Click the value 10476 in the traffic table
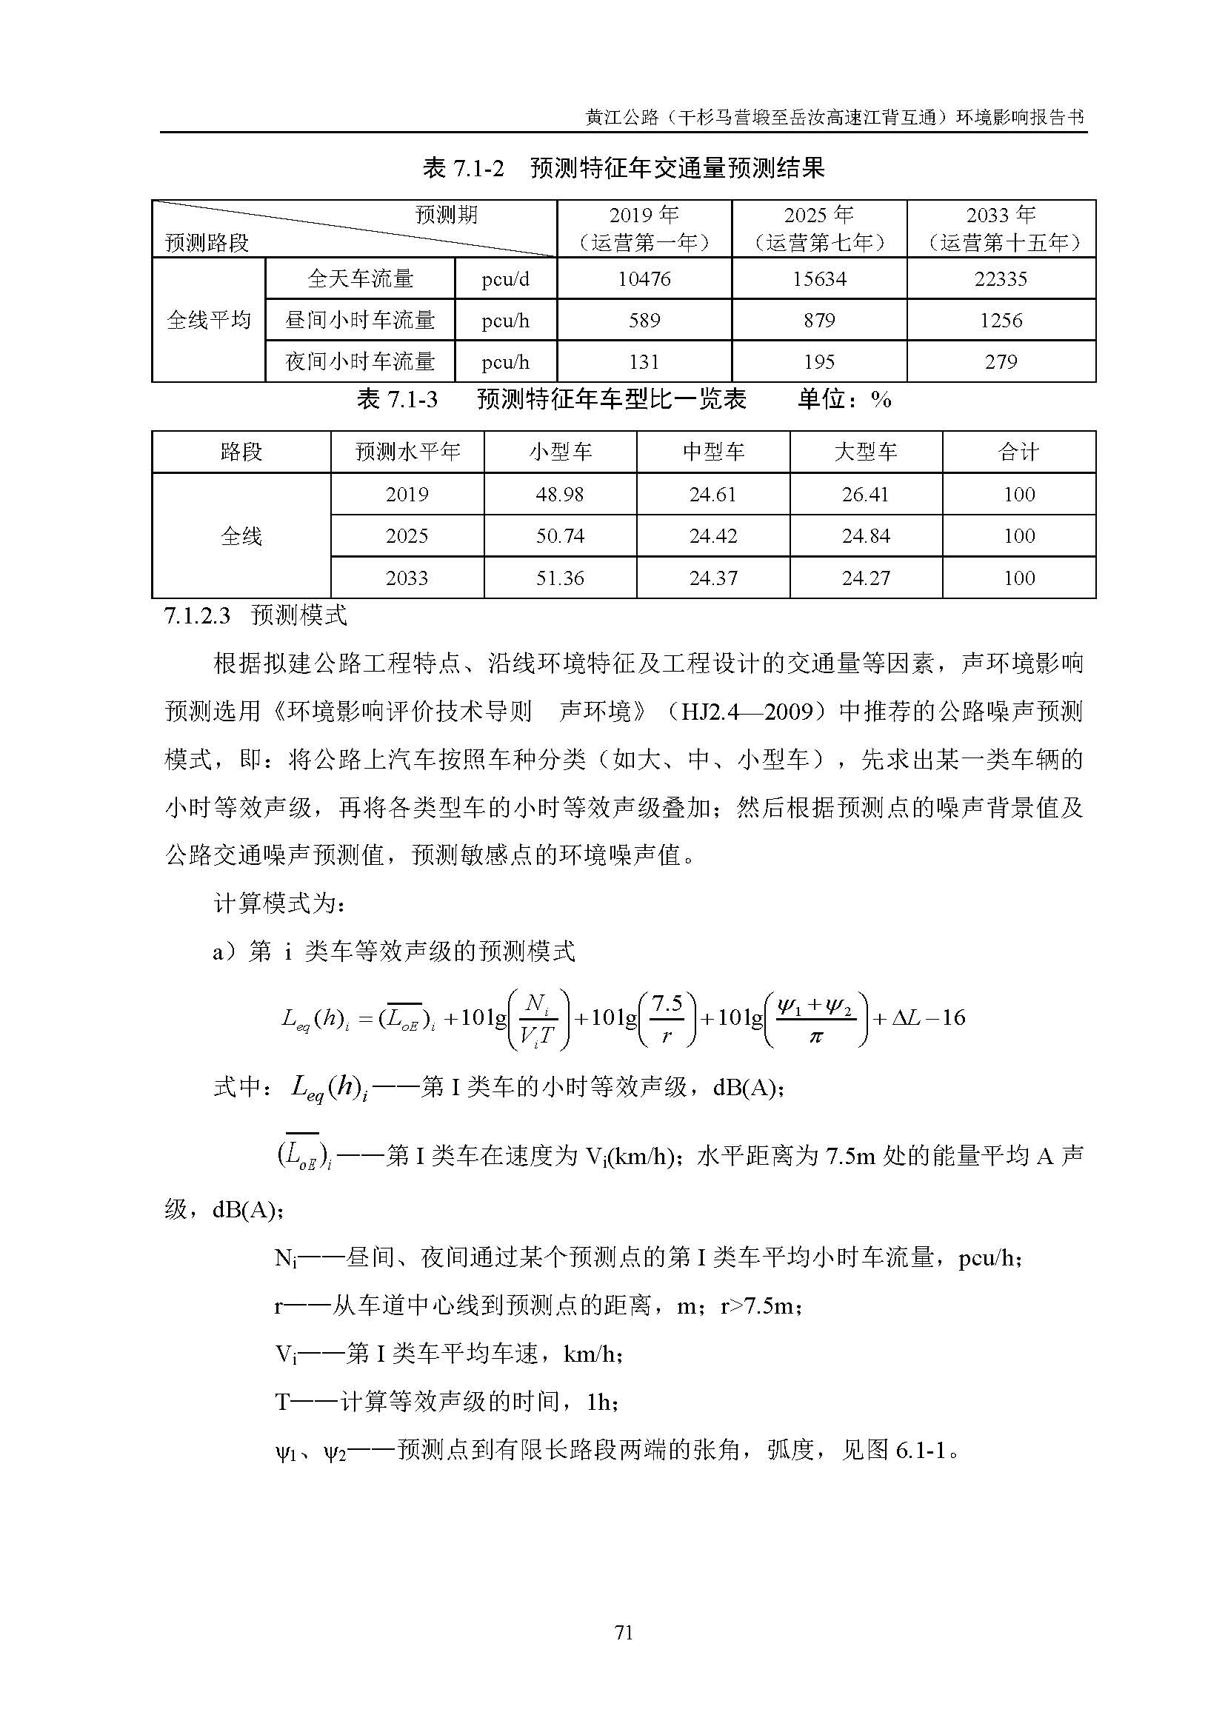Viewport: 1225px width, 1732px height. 644,279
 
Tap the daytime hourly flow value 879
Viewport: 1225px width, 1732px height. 818,321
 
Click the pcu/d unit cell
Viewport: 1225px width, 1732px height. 505,279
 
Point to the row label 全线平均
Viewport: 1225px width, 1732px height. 208,320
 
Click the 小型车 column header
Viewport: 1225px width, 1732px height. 560,452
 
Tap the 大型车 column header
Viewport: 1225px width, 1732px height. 865,452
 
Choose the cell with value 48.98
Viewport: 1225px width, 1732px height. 560,494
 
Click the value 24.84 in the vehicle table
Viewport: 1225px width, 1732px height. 865,535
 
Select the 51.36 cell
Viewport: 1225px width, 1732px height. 560,578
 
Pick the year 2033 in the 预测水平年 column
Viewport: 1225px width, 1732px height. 407,578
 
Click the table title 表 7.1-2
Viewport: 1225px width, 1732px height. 463,168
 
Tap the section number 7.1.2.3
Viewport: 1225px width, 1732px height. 196,615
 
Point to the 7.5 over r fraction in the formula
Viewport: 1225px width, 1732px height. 667,1018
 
